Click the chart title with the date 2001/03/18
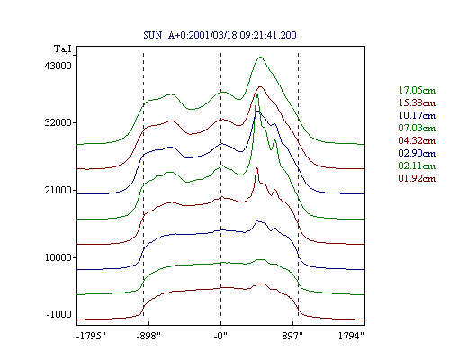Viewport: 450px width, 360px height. click(x=220, y=35)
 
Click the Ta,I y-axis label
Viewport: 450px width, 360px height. click(x=63, y=49)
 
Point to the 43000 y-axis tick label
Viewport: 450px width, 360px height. click(x=58, y=66)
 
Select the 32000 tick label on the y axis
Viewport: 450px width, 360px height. click(x=58, y=122)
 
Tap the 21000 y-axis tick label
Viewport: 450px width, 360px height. click(x=58, y=190)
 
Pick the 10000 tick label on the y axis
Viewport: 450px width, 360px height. click(x=58, y=257)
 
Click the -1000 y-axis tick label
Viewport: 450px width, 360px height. click(x=59, y=314)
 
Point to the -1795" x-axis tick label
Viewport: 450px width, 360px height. click(x=91, y=336)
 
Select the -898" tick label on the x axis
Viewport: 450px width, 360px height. click(x=148, y=336)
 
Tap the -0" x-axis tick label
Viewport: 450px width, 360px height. click(x=220, y=336)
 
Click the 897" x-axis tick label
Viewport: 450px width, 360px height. click(x=292, y=336)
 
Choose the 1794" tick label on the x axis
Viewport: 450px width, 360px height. click(x=351, y=336)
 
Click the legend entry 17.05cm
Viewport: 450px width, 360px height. click(x=417, y=90)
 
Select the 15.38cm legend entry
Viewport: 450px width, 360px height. click(x=417, y=103)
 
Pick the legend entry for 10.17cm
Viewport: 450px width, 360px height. click(x=417, y=115)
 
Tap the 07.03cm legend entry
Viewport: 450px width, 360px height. click(x=417, y=128)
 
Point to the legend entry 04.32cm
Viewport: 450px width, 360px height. click(x=417, y=140)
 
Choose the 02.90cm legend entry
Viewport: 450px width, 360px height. click(x=417, y=153)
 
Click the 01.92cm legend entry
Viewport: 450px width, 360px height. click(x=417, y=178)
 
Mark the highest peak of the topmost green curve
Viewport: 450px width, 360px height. click(x=260, y=57)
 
